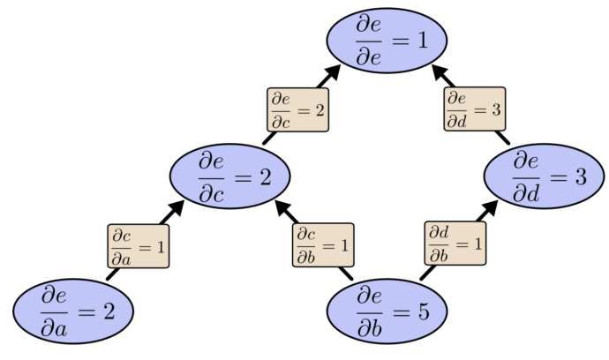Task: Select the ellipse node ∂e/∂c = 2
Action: coord(230,176)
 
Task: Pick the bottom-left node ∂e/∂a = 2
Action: coord(73,311)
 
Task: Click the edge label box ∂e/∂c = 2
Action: coord(297,109)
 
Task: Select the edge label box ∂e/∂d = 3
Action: coord(476,109)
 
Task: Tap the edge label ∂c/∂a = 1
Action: coord(138,244)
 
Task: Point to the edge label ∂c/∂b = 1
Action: coord(323,244)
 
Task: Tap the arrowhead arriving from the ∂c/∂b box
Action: coord(283,207)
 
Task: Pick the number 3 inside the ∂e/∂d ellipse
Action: coord(579,176)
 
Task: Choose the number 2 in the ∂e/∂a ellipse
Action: coord(108,311)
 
